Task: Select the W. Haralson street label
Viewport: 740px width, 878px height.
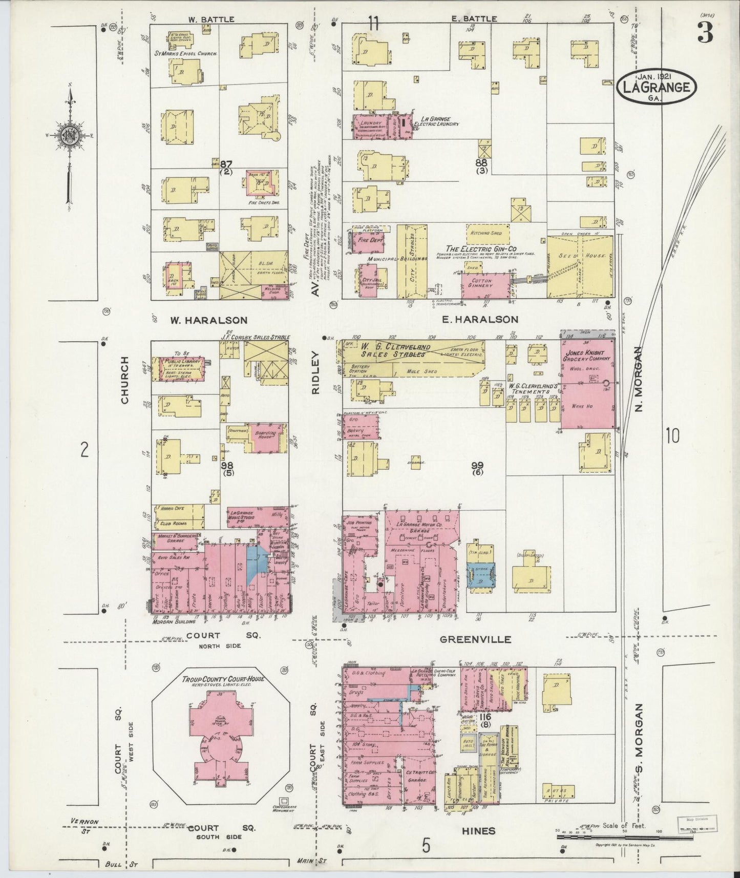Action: pos(208,320)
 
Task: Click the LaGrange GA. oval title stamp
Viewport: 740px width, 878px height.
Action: pos(657,88)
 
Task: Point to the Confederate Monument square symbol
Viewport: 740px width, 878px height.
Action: pos(282,800)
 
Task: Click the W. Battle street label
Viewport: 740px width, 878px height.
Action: pos(204,19)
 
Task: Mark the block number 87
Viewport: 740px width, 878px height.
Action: pos(226,164)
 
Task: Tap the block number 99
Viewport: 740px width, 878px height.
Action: pos(478,465)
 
